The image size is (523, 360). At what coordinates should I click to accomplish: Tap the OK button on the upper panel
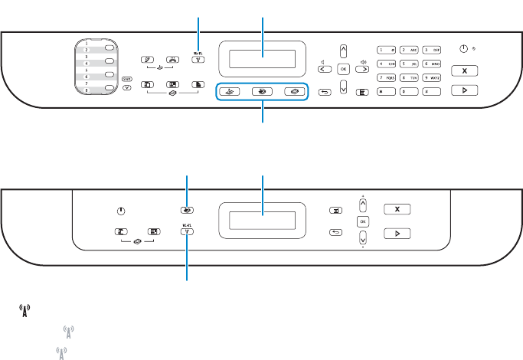343,68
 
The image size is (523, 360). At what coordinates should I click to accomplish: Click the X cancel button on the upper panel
463,70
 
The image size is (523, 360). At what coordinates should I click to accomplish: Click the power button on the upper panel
463,48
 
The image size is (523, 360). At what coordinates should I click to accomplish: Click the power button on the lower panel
121,211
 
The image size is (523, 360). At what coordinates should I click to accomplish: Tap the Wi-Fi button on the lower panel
188,229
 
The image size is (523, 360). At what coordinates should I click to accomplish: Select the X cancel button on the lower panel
397,208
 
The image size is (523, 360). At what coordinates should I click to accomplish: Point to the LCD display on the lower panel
263,220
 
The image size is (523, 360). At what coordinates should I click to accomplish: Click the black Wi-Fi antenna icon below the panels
25,310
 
